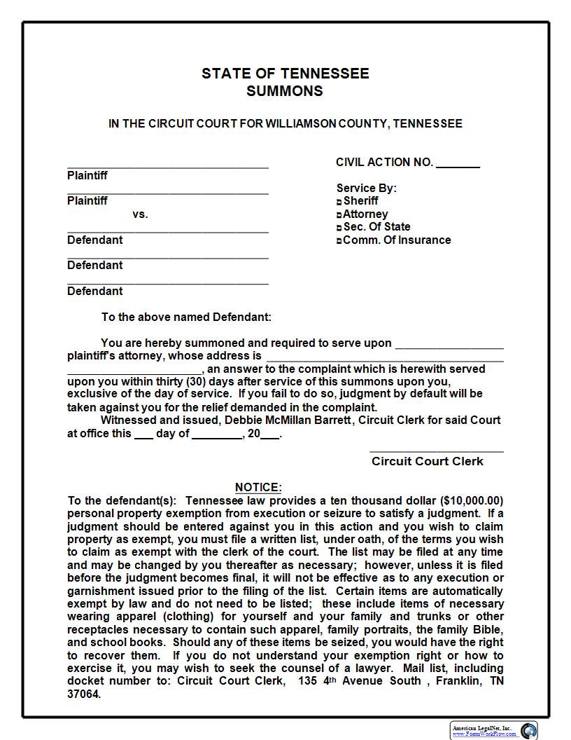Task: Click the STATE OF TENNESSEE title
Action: coord(285,74)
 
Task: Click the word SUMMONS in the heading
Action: coord(285,91)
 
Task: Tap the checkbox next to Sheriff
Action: coord(339,202)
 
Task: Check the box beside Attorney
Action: coord(339,215)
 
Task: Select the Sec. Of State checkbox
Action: coord(339,228)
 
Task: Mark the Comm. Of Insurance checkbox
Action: coord(339,241)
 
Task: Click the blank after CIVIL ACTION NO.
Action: coord(458,165)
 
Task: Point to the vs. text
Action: coord(140,214)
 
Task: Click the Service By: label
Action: coord(366,188)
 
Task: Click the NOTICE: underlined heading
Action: coord(258,487)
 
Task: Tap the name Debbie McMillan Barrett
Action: coord(302,420)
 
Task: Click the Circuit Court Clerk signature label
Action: coord(427,461)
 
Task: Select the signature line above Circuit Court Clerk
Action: coord(436,451)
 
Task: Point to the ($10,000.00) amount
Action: coord(472,500)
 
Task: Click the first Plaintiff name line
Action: coord(168,167)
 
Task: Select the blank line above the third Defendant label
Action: coord(168,283)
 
